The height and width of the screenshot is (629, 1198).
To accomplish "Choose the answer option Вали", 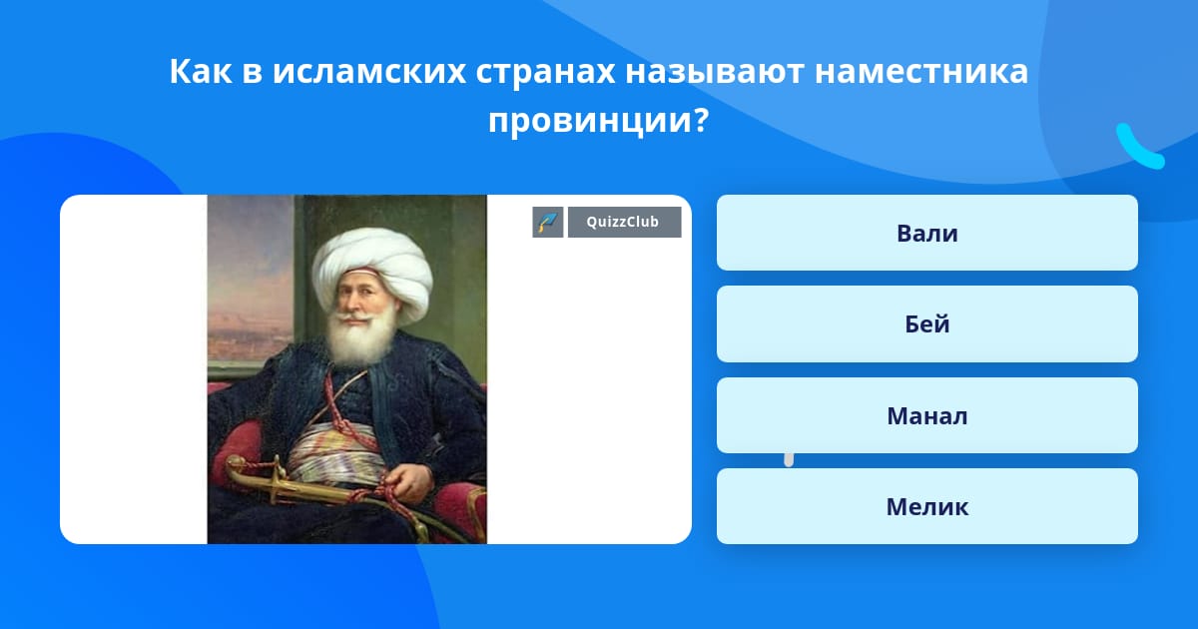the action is coord(926,233).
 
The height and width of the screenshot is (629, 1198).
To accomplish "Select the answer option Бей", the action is coord(926,324).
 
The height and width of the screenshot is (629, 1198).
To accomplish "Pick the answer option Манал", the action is coord(926,415).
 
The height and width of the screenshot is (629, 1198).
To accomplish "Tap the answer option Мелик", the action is coord(926,506).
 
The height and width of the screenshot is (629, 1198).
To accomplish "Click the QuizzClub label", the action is coord(624,222).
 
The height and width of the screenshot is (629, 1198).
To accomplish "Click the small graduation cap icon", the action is coord(548,222).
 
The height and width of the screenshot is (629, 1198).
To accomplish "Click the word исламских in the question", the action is coord(369,71).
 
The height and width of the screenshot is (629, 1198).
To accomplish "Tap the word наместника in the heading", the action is coord(920,71).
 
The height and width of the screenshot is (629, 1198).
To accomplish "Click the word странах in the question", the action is coord(545,72).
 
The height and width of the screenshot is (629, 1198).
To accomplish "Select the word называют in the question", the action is coord(714,71).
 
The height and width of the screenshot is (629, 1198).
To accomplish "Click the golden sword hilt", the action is coord(257,476).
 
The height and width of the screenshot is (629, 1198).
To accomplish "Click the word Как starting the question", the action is coord(201,71).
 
